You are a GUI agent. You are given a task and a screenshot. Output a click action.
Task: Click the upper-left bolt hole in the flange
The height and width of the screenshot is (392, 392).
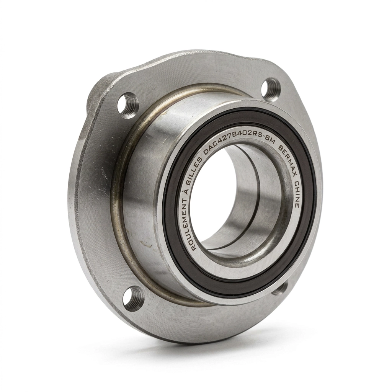[127, 105]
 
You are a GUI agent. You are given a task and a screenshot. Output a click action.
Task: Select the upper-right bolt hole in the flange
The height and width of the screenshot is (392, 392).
[271, 89]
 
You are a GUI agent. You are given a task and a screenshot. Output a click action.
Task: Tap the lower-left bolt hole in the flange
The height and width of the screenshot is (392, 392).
[134, 298]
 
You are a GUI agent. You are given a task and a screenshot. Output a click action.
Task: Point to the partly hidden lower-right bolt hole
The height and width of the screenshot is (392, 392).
[280, 288]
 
